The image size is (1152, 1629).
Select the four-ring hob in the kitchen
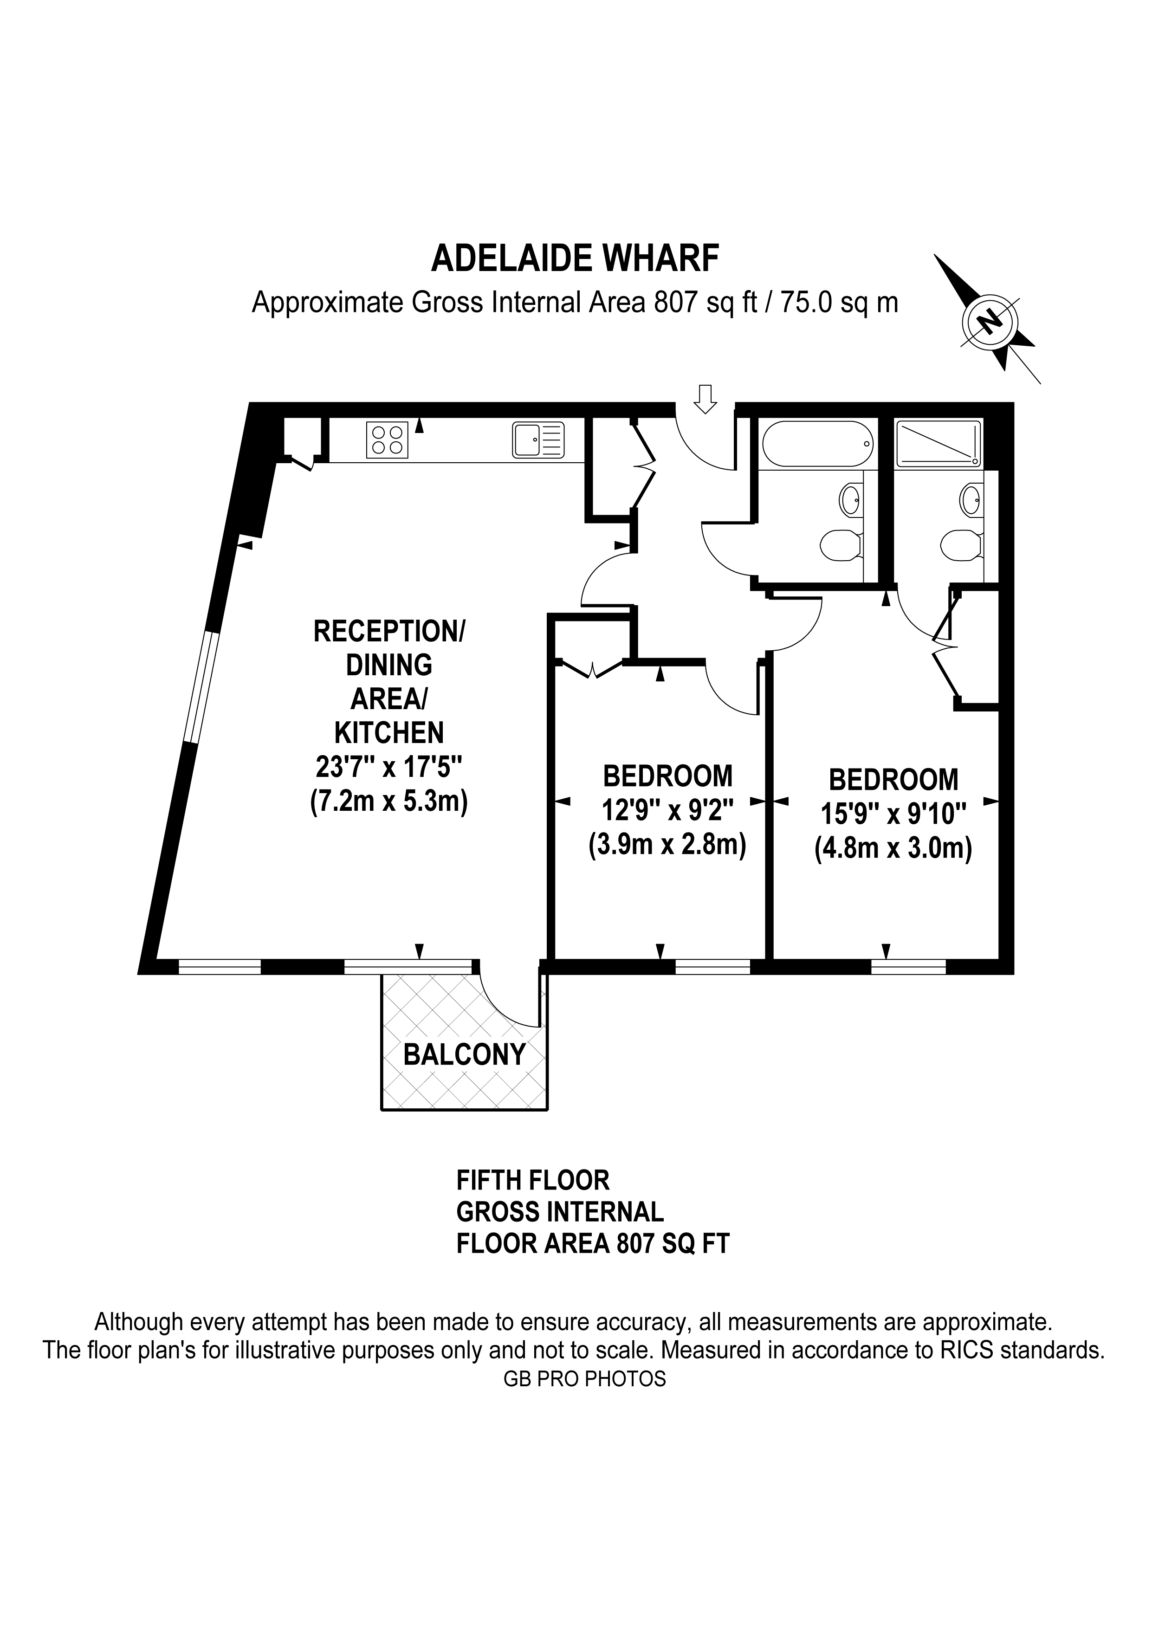coord(387,439)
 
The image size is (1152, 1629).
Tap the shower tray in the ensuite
coord(938,443)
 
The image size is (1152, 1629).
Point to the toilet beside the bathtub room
coord(841,546)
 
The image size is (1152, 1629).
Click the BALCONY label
coord(465,1054)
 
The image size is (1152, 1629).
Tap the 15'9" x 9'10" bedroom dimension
coord(894,814)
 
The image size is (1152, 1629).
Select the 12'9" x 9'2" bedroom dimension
coord(667,809)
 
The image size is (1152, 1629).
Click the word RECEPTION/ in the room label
coord(389,632)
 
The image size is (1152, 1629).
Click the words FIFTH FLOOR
coord(533,1181)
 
